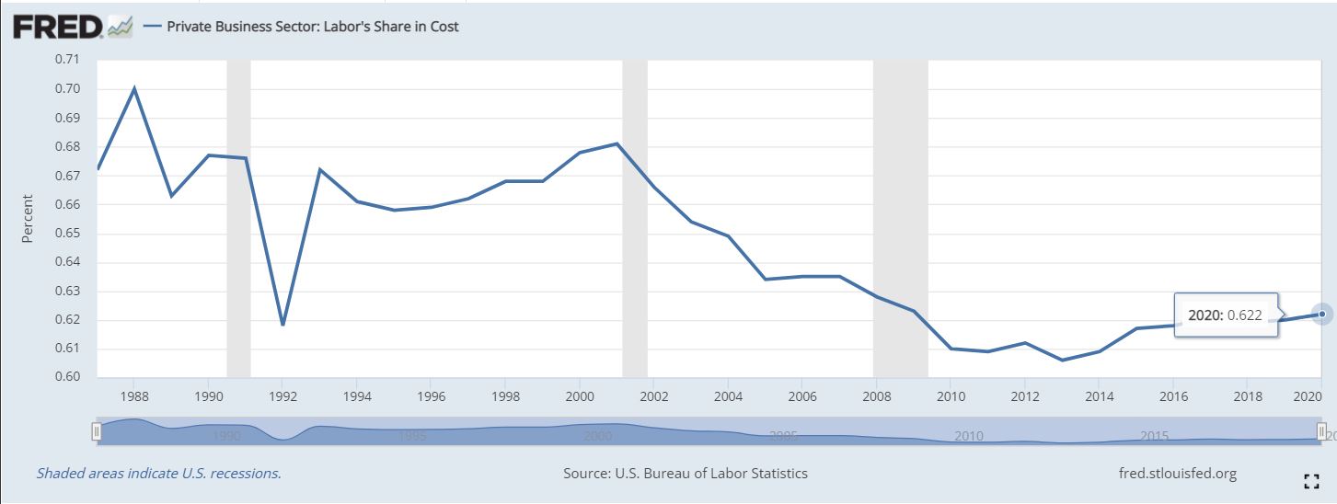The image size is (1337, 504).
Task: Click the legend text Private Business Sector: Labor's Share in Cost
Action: click(313, 27)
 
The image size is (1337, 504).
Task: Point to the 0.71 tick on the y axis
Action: click(67, 60)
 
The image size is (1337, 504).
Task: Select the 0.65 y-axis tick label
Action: click(67, 233)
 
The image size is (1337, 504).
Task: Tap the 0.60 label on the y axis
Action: click(67, 377)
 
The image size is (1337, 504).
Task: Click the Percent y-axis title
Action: click(28, 218)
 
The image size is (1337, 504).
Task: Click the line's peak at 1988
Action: click(135, 88)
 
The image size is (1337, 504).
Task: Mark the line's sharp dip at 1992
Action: click(283, 325)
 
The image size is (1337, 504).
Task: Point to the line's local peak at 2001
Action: click(617, 143)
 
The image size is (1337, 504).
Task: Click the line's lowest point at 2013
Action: click(1062, 360)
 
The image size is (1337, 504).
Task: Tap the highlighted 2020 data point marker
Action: click(1322, 315)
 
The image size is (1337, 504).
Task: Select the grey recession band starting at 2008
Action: click(900, 218)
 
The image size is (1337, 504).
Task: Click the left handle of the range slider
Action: click(96, 430)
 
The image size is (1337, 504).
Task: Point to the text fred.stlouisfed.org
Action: click(1175, 474)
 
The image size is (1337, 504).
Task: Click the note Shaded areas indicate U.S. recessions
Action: click(158, 474)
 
